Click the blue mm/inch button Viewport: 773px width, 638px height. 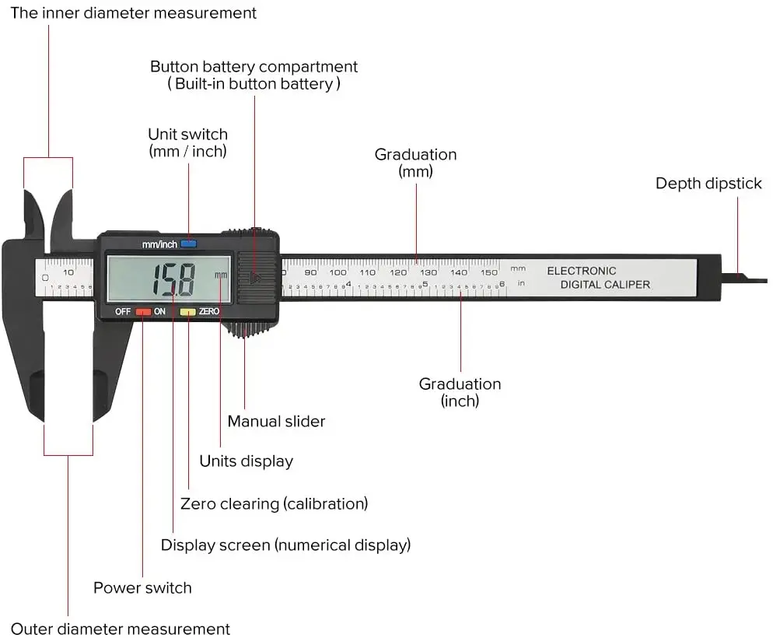click(189, 244)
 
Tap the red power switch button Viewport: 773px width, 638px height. click(143, 311)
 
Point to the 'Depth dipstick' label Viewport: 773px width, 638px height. click(708, 184)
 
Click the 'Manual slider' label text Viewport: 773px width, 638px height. click(276, 422)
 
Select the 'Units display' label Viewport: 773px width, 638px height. click(246, 461)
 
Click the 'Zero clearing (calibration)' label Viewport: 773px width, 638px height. click(274, 503)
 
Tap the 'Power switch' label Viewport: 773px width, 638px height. click(142, 587)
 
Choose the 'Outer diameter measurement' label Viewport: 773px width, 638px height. click(121, 629)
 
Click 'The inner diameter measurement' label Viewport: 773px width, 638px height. click(133, 13)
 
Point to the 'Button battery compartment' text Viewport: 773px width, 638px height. click(254, 67)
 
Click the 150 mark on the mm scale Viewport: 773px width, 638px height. click(488, 272)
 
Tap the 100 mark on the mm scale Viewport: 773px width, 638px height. click(338, 272)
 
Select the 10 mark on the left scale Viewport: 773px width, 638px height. click(68, 272)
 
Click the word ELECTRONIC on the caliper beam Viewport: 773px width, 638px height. click(581, 271)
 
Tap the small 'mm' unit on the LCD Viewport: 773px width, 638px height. click(222, 275)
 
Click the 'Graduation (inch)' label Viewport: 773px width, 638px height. click(460, 392)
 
